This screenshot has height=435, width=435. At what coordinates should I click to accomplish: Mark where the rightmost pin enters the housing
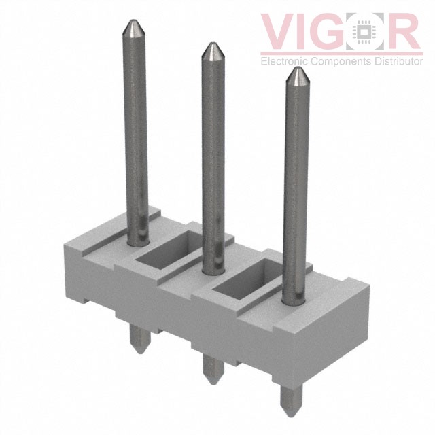click(x=291, y=298)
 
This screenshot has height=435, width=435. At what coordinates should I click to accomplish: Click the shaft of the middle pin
click(x=213, y=156)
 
